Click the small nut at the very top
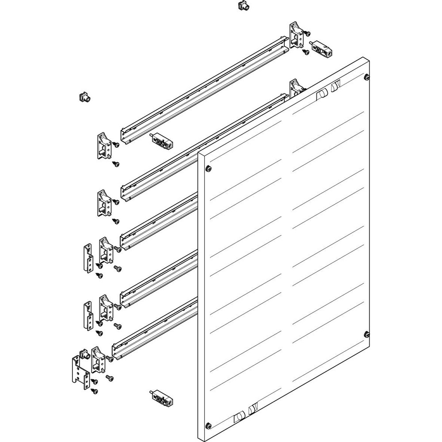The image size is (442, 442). [242, 6]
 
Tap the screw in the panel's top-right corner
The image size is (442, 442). [366, 78]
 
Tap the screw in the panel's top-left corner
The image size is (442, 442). [208, 168]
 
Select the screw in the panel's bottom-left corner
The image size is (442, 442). [208, 426]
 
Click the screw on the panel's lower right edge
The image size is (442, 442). [366, 334]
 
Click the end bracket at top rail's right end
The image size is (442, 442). [295, 35]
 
